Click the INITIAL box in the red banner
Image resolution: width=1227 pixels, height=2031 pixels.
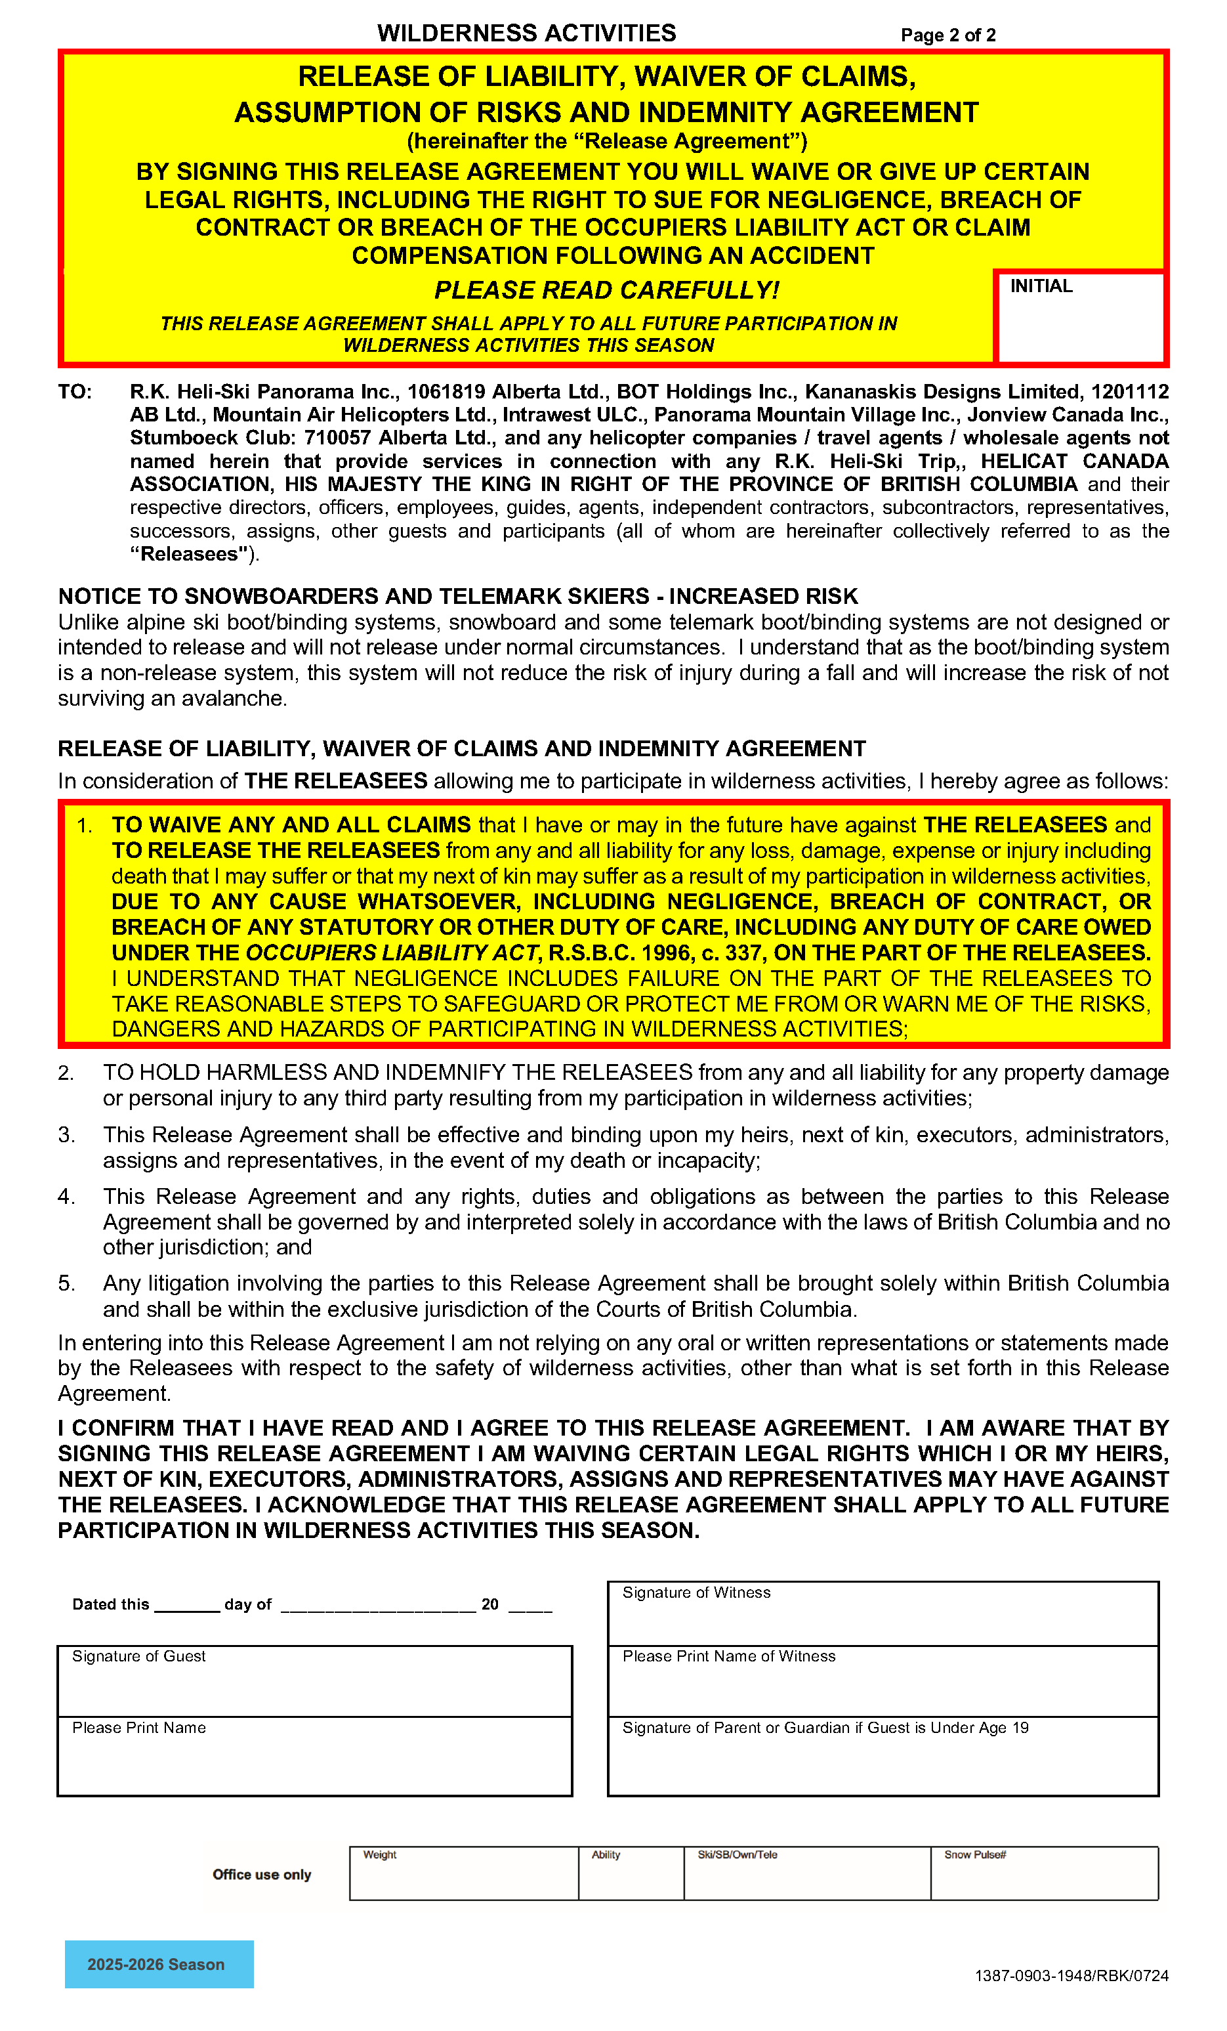1079,320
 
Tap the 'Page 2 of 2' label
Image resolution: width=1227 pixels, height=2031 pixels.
947,35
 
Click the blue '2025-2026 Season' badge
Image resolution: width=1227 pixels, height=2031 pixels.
159,1963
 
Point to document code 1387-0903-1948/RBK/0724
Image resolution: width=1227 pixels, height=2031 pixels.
1071,1976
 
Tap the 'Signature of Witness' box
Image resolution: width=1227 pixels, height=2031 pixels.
883,1613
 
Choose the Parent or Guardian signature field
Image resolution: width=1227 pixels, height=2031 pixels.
883,1757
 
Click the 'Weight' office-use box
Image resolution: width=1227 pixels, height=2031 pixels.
463,1873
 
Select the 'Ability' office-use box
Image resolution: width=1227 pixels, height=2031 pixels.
631,1873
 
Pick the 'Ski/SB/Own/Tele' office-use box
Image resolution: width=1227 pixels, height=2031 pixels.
807,1873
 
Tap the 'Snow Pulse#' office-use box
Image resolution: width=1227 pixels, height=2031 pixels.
1044,1873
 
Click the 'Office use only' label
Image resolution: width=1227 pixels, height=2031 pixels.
262,1874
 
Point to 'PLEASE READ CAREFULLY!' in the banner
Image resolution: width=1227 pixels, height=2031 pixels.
606,290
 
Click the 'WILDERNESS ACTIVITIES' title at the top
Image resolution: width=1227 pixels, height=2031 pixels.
527,33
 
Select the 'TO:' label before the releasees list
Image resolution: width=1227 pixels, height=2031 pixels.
75,391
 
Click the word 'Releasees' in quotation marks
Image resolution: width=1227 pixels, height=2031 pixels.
190,554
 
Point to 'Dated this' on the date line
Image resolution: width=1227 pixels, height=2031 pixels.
110,1604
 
